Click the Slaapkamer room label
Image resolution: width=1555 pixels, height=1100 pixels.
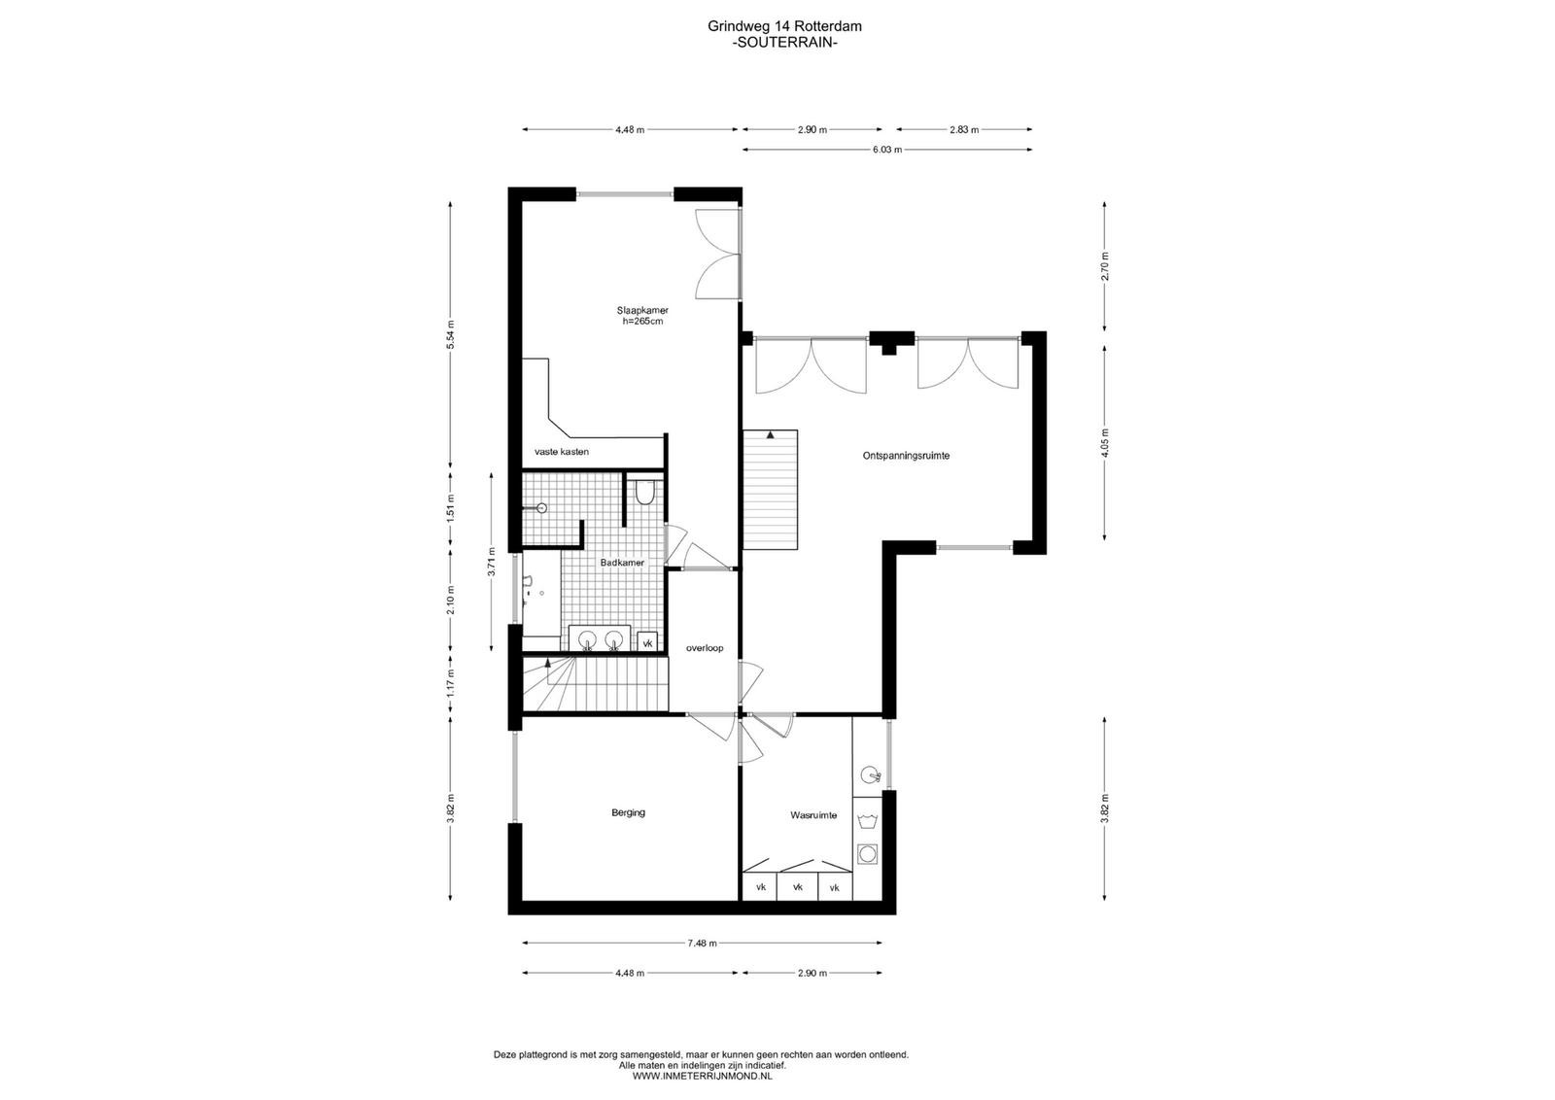642,310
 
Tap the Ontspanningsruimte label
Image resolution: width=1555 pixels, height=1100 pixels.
906,456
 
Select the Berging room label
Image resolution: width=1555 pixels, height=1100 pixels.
628,812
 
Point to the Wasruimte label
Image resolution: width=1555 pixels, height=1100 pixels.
813,815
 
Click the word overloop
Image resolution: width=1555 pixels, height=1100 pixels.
705,648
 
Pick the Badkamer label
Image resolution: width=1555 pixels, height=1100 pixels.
622,563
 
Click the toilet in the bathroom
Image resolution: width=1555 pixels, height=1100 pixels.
645,492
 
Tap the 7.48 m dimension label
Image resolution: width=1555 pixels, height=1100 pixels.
702,944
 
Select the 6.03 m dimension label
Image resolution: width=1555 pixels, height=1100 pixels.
887,150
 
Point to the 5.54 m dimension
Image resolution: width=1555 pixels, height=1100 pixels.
451,334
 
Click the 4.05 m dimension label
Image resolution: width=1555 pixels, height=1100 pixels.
1104,443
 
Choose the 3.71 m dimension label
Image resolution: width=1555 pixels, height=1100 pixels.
492,562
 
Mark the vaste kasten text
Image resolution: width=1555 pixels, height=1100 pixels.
562,452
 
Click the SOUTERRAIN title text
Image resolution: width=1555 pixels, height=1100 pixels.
785,43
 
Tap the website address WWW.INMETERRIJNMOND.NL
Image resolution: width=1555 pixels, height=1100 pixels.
702,1077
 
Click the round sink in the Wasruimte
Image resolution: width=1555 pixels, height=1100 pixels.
869,774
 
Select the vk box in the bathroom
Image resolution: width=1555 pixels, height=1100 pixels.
647,642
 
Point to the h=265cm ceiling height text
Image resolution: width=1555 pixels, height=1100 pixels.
642,322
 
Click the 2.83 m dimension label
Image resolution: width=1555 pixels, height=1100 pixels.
964,129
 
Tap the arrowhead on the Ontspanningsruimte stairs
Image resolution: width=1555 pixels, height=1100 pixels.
770,435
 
